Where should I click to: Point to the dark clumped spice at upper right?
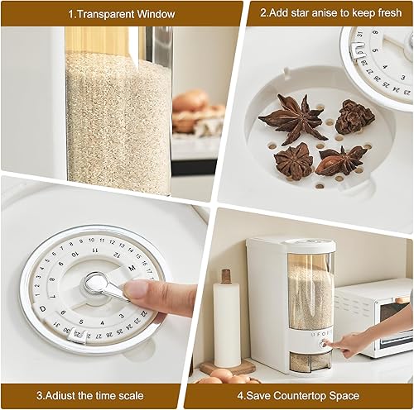[354, 117]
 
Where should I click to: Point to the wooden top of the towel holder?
[226, 276]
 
